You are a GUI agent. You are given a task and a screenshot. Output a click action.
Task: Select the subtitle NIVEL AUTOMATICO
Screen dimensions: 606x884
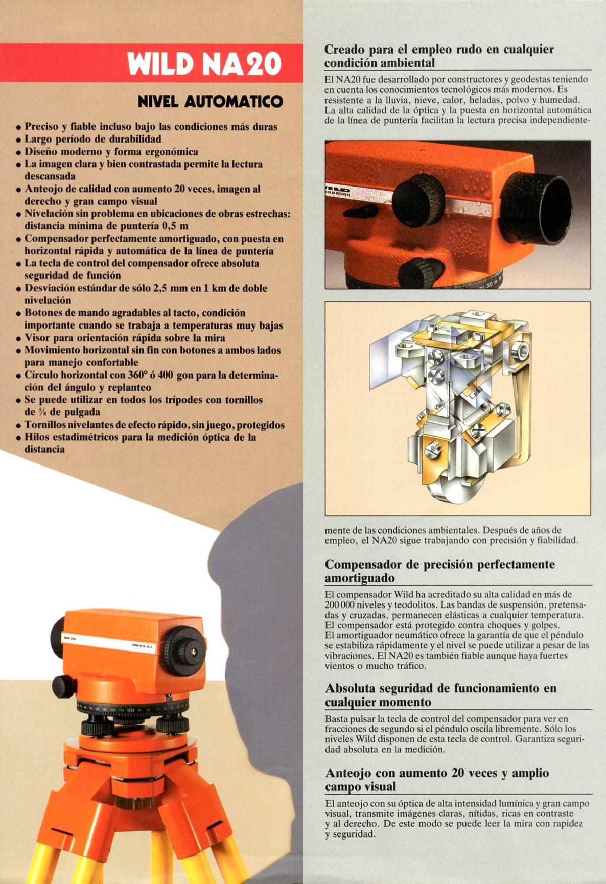point(210,102)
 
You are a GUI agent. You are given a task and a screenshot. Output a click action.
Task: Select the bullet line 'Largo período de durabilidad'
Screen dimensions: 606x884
point(93,139)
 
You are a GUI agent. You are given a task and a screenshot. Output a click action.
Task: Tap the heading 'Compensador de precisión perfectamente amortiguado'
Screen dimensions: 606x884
point(440,571)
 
